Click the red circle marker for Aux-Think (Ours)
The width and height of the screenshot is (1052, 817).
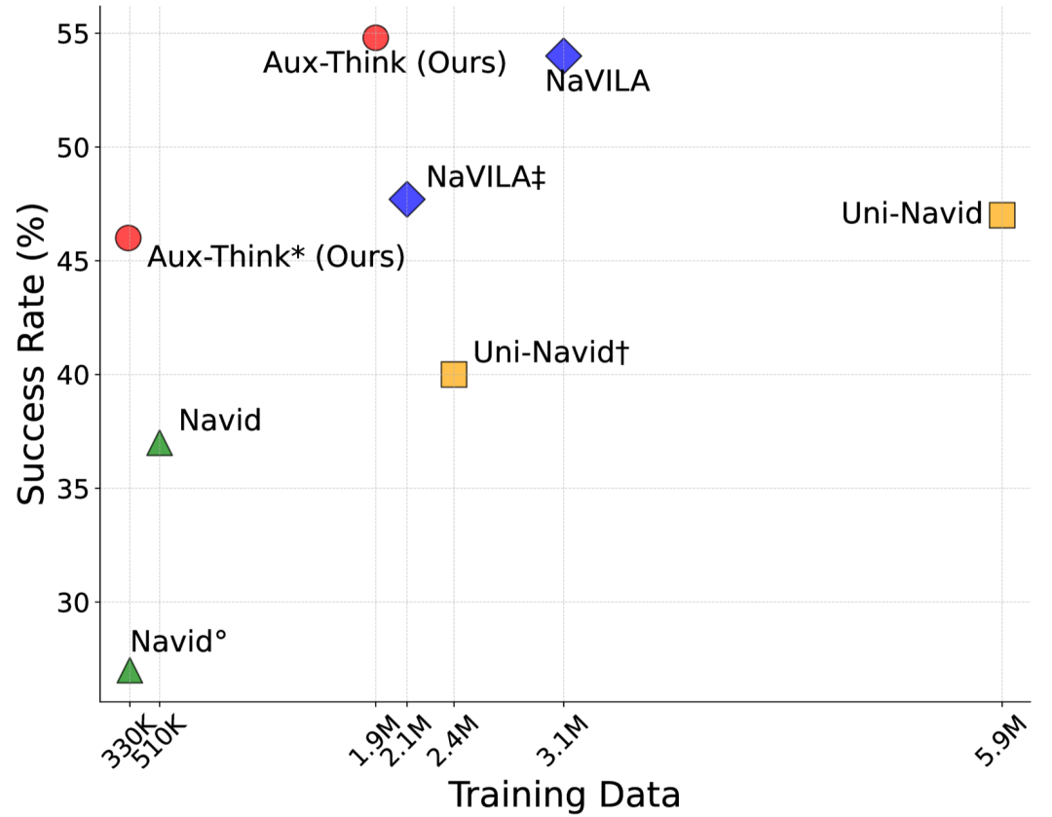(x=376, y=38)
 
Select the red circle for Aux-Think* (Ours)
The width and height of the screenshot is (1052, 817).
(x=129, y=237)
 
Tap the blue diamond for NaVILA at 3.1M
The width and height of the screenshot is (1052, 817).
(x=563, y=56)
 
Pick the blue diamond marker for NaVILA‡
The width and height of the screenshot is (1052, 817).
(x=406, y=200)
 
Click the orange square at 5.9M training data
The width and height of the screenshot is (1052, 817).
(x=1001, y=214)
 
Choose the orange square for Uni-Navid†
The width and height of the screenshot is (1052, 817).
(x=454, y=374)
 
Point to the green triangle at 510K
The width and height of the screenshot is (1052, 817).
(x=160, y=444)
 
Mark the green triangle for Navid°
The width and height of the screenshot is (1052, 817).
(x=130, y=671)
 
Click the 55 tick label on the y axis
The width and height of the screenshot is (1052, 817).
(x=75, y=34)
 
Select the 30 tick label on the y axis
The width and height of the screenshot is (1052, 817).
(x=75, y=602)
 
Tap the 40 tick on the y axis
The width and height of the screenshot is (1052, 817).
(x=75, y=375)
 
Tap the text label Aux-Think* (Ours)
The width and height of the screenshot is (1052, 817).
(x=275, y=257)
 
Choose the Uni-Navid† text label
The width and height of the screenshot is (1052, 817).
(x=550, y=353)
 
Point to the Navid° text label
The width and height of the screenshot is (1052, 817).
(x=178, y=641)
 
